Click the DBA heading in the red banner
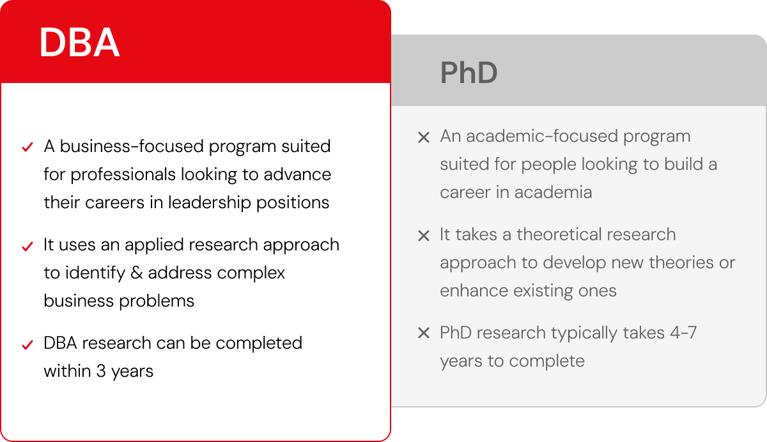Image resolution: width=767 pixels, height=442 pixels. click(x=79, y=43)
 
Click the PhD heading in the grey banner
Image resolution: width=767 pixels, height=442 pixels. click(x=469, y=73)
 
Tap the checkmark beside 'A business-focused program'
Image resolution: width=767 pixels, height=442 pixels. click(x=27, y=148)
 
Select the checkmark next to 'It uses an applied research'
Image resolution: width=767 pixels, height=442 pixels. click(x=27, y=246)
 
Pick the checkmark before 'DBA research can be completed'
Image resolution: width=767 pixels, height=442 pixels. click(x=27, y=344)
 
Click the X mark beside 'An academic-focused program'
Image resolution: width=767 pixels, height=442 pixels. click(x=423, y=137)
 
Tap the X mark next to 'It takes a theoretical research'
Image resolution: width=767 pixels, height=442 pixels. click(x=423, y=236)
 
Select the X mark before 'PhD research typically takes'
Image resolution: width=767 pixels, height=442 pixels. click(x=423, y=333)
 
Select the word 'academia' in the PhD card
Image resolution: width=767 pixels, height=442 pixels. click(x=554, y=192)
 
